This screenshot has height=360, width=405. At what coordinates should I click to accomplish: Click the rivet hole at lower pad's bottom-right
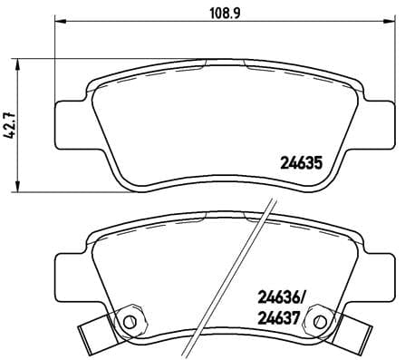[x=320, y=321]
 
